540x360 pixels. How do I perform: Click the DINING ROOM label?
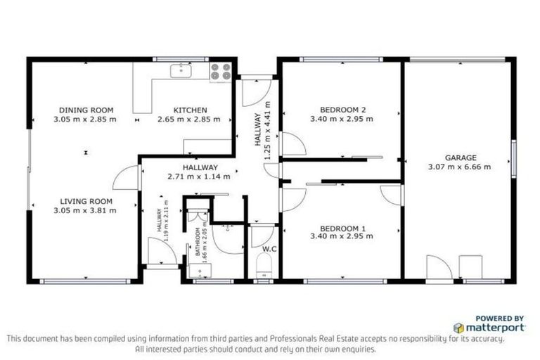tap(86, 110)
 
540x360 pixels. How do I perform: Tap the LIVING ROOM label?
tap(86, 200)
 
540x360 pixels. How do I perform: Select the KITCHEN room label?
tap(190, 110)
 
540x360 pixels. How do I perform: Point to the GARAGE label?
tap(460, 157)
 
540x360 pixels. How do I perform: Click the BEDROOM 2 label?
tap(342, 110)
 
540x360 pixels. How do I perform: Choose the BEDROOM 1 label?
tap(342, 229)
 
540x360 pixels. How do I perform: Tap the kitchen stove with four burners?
tap(221, 72)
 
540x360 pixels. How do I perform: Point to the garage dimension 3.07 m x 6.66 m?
tap(460, 167)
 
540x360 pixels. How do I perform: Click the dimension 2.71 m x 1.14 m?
tap(199, 176)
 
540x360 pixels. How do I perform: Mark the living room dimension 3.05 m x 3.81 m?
tap(86, 210)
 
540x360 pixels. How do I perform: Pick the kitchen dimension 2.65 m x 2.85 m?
tap(190, 120)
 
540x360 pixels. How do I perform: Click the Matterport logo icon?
tap(458, 328)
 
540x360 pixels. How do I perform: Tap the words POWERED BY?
tap(499, 319)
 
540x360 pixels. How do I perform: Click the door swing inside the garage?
tap(438, 267)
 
